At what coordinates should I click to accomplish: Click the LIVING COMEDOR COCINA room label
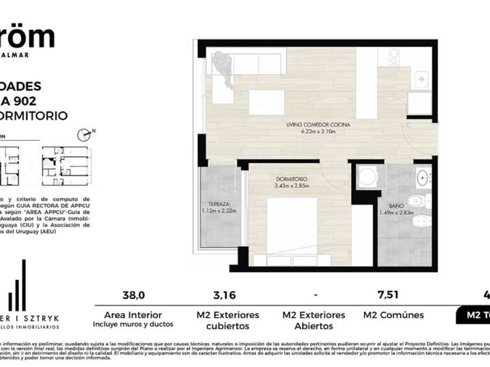314,125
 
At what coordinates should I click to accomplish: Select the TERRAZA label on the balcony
218,203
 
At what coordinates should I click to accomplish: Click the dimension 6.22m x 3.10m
314,132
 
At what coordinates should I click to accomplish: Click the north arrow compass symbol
85,134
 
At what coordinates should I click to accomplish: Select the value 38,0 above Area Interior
133,295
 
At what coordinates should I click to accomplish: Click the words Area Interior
133,315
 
